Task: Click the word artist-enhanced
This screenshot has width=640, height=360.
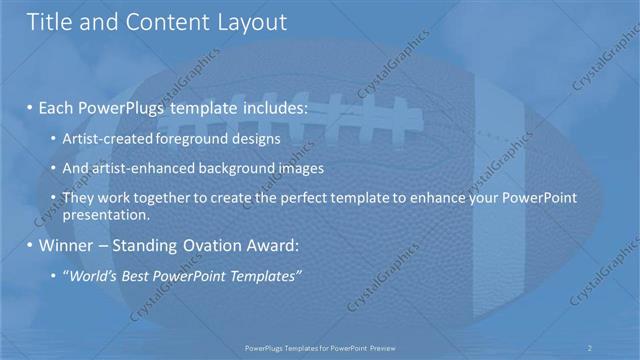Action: pyautogui.click(x=140, y=168)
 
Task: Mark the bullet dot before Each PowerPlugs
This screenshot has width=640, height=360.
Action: pyautogui.click(x=30, y=106)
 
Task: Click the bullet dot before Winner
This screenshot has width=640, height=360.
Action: pyautogui.click(x=30, y=246)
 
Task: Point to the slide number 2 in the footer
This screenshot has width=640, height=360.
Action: pyautogui.click(x=589, y=347)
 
